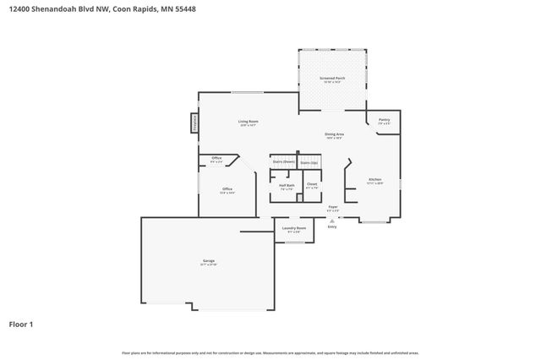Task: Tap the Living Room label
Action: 248,123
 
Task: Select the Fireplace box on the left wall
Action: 194,123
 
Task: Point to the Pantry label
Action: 384,120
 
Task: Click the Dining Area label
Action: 334,134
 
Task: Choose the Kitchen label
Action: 374,179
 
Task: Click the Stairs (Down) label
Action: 282,162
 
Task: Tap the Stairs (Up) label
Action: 309,162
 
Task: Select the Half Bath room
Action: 287,187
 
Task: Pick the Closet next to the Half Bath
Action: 311,186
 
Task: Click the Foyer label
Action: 333,207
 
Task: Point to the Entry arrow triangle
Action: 331,221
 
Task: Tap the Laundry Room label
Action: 295,229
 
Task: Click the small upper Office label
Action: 216,159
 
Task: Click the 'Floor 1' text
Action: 20,324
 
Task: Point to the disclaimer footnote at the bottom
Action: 270,352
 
